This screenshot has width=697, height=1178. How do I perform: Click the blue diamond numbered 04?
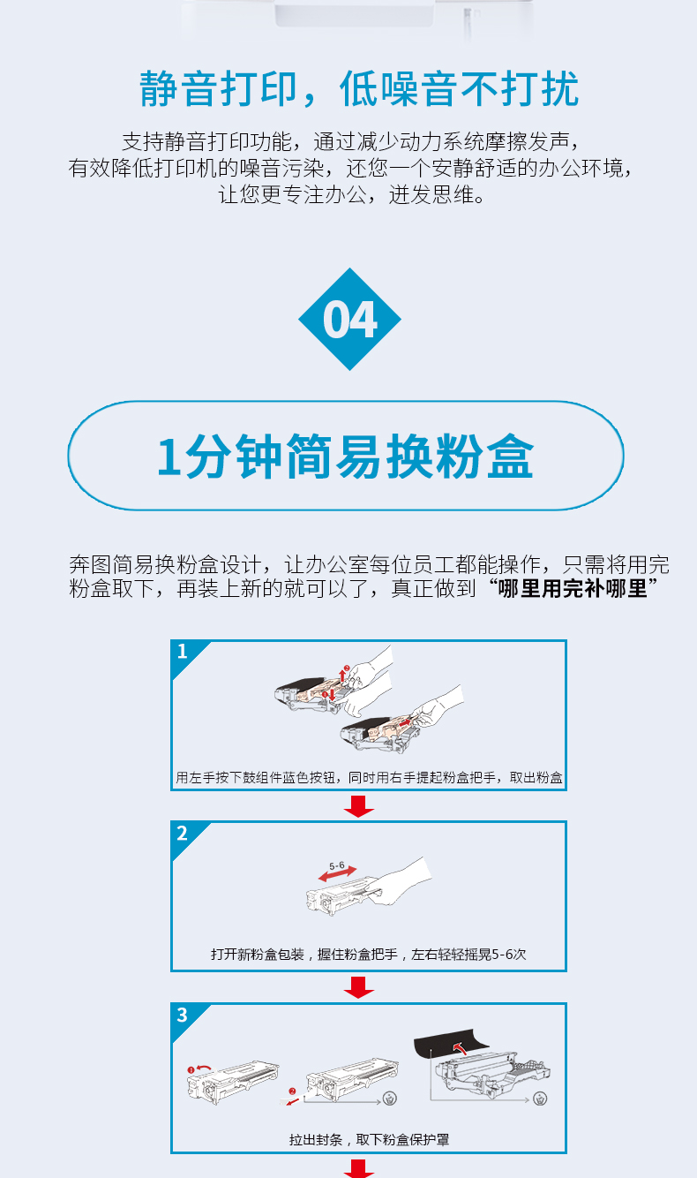[349, 319]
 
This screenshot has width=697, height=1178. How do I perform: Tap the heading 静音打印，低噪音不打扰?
[359, 89]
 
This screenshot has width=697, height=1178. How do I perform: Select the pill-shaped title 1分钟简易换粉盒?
[346, 456]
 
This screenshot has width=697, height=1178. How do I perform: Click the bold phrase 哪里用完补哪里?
[573, 588]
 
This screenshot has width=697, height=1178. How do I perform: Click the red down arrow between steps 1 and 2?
[359, 806]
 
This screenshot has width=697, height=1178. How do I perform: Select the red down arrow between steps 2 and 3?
[359, 987]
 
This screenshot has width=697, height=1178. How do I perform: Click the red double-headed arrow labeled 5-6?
[338, 873]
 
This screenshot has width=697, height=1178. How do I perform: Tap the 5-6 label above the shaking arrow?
[337, 865]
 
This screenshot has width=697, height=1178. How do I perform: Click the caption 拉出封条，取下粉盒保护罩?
[370, 1140]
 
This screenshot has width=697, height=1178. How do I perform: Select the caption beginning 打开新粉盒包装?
[369, 954]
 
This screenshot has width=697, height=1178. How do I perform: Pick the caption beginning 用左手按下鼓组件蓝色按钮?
[369, 777]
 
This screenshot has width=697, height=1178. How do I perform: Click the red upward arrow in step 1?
[343, 674]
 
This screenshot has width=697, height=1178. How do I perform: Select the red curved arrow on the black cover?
[461, 1048]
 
